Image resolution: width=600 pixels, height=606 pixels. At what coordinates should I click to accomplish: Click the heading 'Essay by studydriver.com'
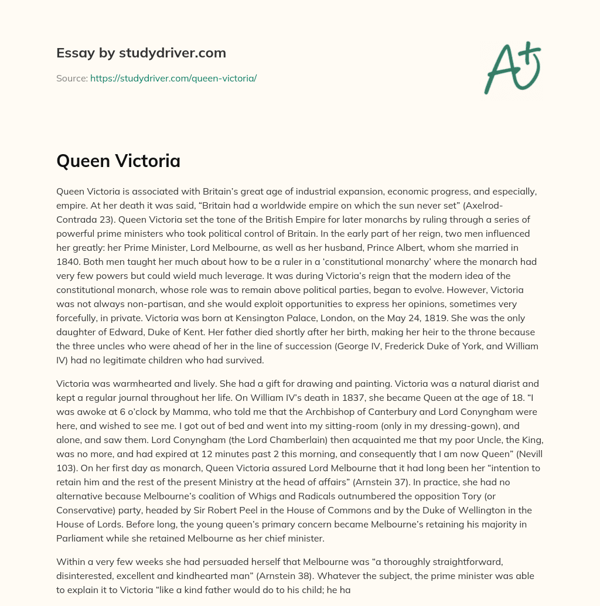tap(141, 53)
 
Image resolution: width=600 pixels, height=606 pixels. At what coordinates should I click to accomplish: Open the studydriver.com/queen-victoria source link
tap(173, 78)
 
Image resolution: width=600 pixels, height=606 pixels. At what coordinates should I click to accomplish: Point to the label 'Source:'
tap(72, 78)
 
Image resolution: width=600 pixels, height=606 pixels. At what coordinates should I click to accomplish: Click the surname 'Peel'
tap(251, 496)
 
